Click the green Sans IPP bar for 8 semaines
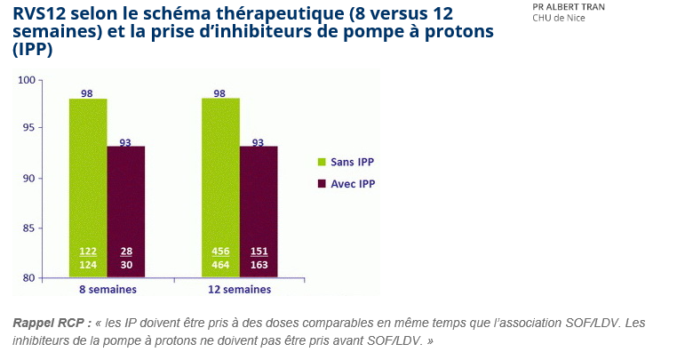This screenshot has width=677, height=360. coord(88,178)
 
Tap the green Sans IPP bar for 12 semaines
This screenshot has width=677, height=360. coord(220,178)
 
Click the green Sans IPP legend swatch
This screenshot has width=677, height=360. coord(322,162)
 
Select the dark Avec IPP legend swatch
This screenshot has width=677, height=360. coord(322,184)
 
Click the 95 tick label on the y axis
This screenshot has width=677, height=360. coord(52,128)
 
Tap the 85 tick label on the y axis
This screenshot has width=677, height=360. coord(52,228)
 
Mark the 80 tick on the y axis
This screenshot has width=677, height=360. coord(52,278)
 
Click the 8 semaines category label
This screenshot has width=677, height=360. coord(107,290)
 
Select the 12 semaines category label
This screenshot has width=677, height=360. coord(240,290)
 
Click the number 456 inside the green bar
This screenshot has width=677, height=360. coord(220,252)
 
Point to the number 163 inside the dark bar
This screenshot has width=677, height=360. coord(259,265)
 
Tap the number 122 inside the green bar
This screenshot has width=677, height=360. coord(88,252)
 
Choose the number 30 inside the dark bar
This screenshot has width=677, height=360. coord(126,265)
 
